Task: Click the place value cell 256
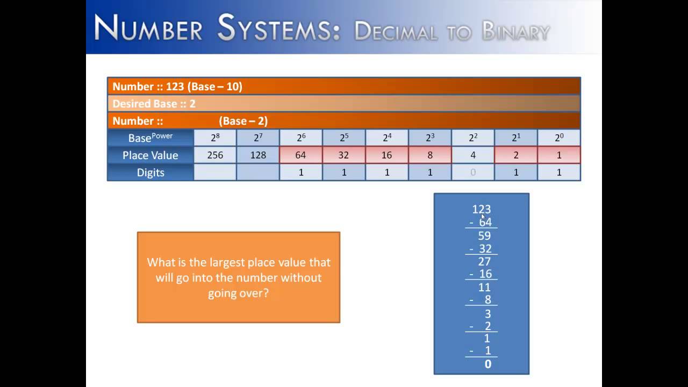coord(215,155)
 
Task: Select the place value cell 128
coord(258,155)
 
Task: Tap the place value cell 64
coord(301,155)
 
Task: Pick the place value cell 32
coord(344,155)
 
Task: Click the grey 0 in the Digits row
coord(473,173)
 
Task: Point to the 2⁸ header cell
coord(215,138)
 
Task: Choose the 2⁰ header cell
coord(559,138)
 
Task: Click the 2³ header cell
coord(430,138)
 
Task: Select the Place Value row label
coord(150,155)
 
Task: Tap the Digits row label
coord(150,173)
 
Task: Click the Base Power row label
coord(150,138)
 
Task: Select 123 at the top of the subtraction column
coord(481,209)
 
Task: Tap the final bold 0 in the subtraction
coord(488,364)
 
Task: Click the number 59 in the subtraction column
coord(484,235)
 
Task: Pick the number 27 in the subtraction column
coord(484,261)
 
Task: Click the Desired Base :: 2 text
coord(154,104)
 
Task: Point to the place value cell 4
coord(473,155)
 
